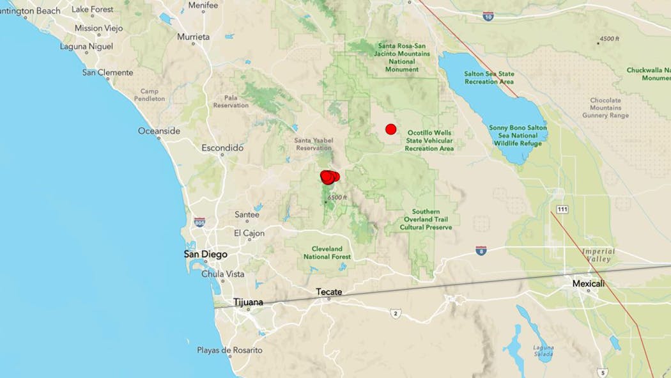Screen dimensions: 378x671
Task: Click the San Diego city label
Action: pos(205,255)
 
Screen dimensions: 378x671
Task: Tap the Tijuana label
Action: pos(247,302)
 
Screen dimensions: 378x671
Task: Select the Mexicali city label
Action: pos(588,283)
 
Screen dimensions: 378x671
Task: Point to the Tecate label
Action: pos(328,292)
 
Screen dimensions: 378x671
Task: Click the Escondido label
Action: pos(222,148)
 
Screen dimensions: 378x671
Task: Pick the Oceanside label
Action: pos(159,131)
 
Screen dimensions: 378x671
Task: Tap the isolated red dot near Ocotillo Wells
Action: pos(391,129)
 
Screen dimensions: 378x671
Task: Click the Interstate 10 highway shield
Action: pos(488,15)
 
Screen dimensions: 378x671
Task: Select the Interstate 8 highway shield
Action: pos(481,251)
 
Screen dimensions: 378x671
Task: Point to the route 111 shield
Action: pos(562,209)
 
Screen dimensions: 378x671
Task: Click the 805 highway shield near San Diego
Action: pos(199,222)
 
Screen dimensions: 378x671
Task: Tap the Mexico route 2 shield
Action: pos(396,313)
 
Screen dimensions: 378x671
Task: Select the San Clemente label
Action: pos(107,73)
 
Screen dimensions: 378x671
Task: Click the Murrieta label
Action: pos(193,37)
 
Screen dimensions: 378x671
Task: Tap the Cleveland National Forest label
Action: pos(327,252)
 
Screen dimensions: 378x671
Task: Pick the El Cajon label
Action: pos(249,233)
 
